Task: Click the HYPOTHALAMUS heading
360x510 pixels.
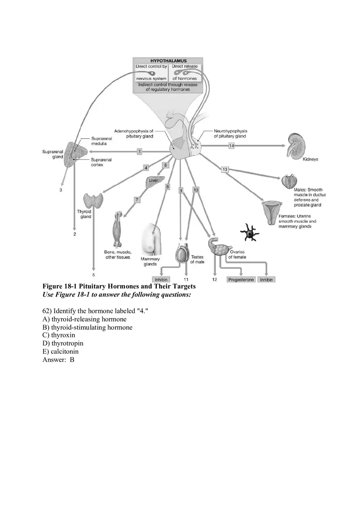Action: pos(168,61)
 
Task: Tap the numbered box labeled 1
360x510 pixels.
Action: pos(139,151)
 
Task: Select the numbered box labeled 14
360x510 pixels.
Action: pos(231,146)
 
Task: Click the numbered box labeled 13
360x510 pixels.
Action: pos(225,169)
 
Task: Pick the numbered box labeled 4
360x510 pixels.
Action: pos(146,167)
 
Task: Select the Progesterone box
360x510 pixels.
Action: pos(241,280)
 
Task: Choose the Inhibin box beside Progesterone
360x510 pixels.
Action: pos(266,280)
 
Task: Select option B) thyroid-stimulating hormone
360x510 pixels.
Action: pos(88,328)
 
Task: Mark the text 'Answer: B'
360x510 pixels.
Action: pos(58,360)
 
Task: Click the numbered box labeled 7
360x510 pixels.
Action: pos(137,200)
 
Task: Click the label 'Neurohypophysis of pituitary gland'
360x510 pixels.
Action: pos(230,134)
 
